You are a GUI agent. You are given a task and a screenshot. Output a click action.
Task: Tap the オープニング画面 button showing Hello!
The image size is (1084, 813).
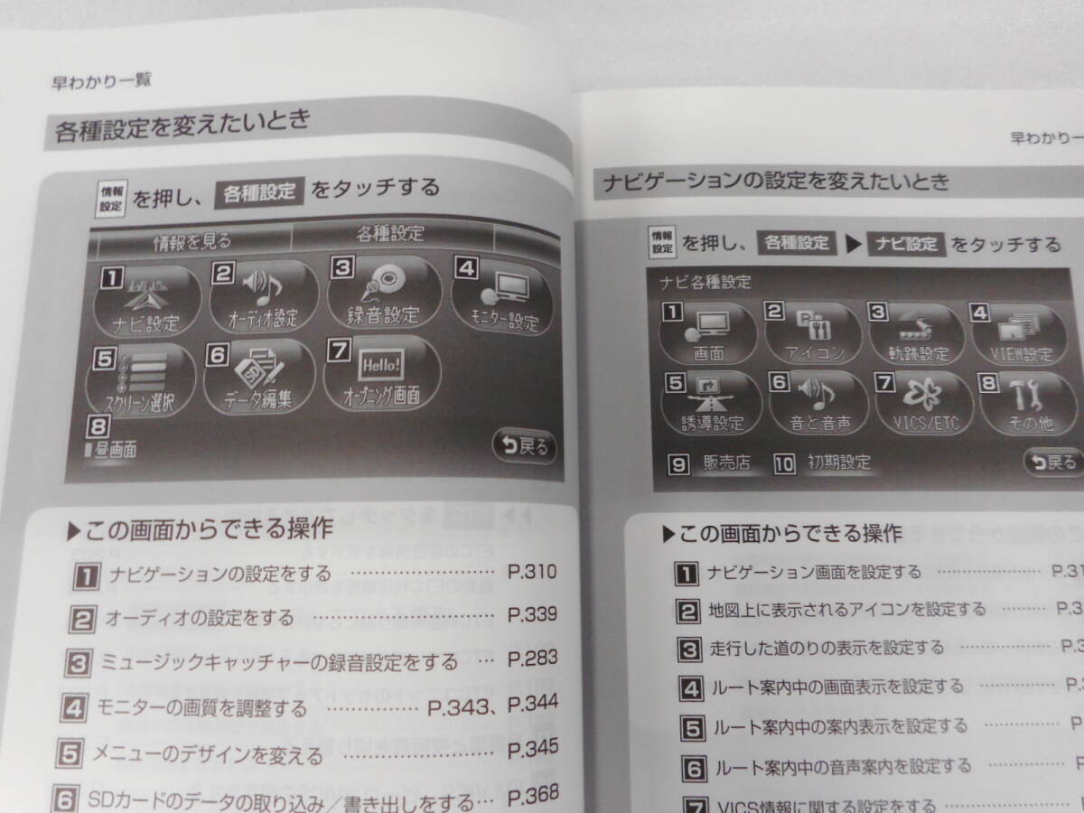381,374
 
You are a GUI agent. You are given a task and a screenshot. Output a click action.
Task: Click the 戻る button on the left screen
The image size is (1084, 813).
523,446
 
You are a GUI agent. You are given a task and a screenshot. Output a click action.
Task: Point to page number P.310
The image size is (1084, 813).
532,571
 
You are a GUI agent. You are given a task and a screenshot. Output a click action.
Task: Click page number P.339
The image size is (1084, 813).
532,615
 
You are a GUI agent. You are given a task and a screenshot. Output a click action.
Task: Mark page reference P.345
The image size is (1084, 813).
532,749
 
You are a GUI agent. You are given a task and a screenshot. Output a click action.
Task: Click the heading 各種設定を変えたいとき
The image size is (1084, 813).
182,128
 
